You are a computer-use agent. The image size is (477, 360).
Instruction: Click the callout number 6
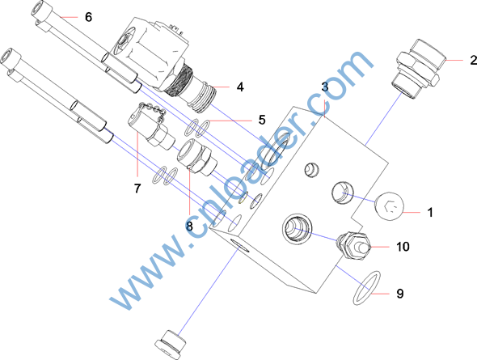pos(88,17)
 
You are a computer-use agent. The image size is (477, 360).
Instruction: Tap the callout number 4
pos(240,87)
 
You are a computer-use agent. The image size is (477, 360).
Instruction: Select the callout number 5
pos(262,120)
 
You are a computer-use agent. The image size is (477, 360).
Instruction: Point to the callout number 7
pos(137,188)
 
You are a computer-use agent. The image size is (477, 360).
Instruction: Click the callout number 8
pos(189,226)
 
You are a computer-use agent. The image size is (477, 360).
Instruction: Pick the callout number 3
pos(325,87)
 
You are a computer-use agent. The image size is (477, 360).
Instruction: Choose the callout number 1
pos(430,213)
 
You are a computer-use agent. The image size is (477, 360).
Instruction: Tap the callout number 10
pos(403,247)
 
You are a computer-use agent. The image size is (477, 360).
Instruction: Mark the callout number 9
pos(400,294)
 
